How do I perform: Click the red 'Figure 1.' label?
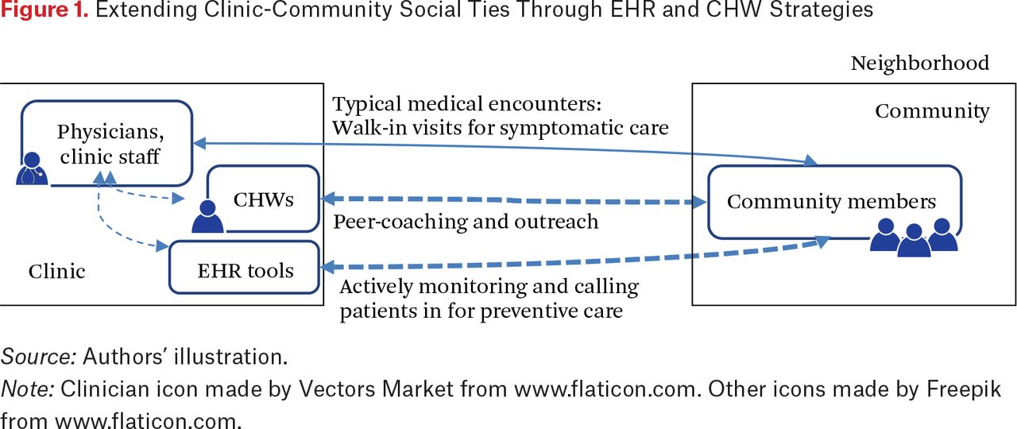tap(44, 10)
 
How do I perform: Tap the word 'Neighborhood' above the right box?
tap(920, 63)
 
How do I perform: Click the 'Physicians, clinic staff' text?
tap(110, 144)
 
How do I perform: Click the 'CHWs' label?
tap(263, 199)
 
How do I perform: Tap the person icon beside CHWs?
tap(207, 217)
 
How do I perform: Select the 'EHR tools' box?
tap(244, 268)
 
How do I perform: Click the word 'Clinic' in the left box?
tap(56, 272)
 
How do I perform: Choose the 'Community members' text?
tap(831, 202)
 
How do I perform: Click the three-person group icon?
tap(914, 238)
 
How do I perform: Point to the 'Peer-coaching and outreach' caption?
tap(466, 222)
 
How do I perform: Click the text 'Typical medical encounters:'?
tap(466, 104)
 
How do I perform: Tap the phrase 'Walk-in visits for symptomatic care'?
tap(501, 128)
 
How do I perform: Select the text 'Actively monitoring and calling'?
tap(489, 287)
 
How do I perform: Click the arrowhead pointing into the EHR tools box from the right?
tap(328, 267)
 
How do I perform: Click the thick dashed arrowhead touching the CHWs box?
tap(328, 199)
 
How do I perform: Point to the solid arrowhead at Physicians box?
tap(200, 144)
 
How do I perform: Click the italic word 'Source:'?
tap(39, 357)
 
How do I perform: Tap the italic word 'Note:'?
tap(27, 389)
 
